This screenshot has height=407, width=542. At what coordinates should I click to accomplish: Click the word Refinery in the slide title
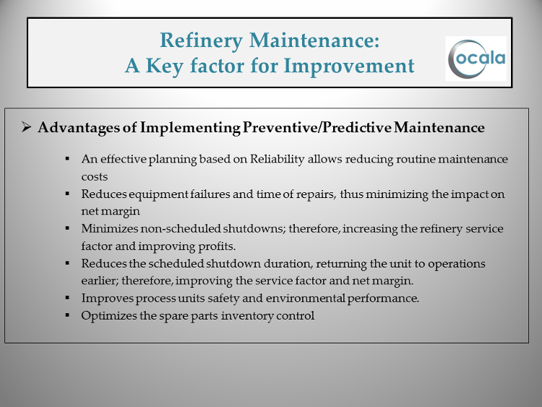(201, 41)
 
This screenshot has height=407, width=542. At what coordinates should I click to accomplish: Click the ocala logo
(476, 59)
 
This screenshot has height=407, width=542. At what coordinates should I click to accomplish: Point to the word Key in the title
(164, 67)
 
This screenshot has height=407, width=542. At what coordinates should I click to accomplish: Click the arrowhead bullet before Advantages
(26, 127)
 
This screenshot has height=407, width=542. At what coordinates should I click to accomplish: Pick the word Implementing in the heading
(190, 128)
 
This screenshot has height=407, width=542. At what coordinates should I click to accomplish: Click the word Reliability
(278, 160)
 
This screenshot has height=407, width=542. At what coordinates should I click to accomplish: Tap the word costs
(95, 177)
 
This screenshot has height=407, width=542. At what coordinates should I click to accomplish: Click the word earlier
(100, 280)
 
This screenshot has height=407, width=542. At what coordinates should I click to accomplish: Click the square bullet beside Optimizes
(67, 315)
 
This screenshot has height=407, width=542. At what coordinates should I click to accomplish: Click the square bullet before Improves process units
(67, 297)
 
